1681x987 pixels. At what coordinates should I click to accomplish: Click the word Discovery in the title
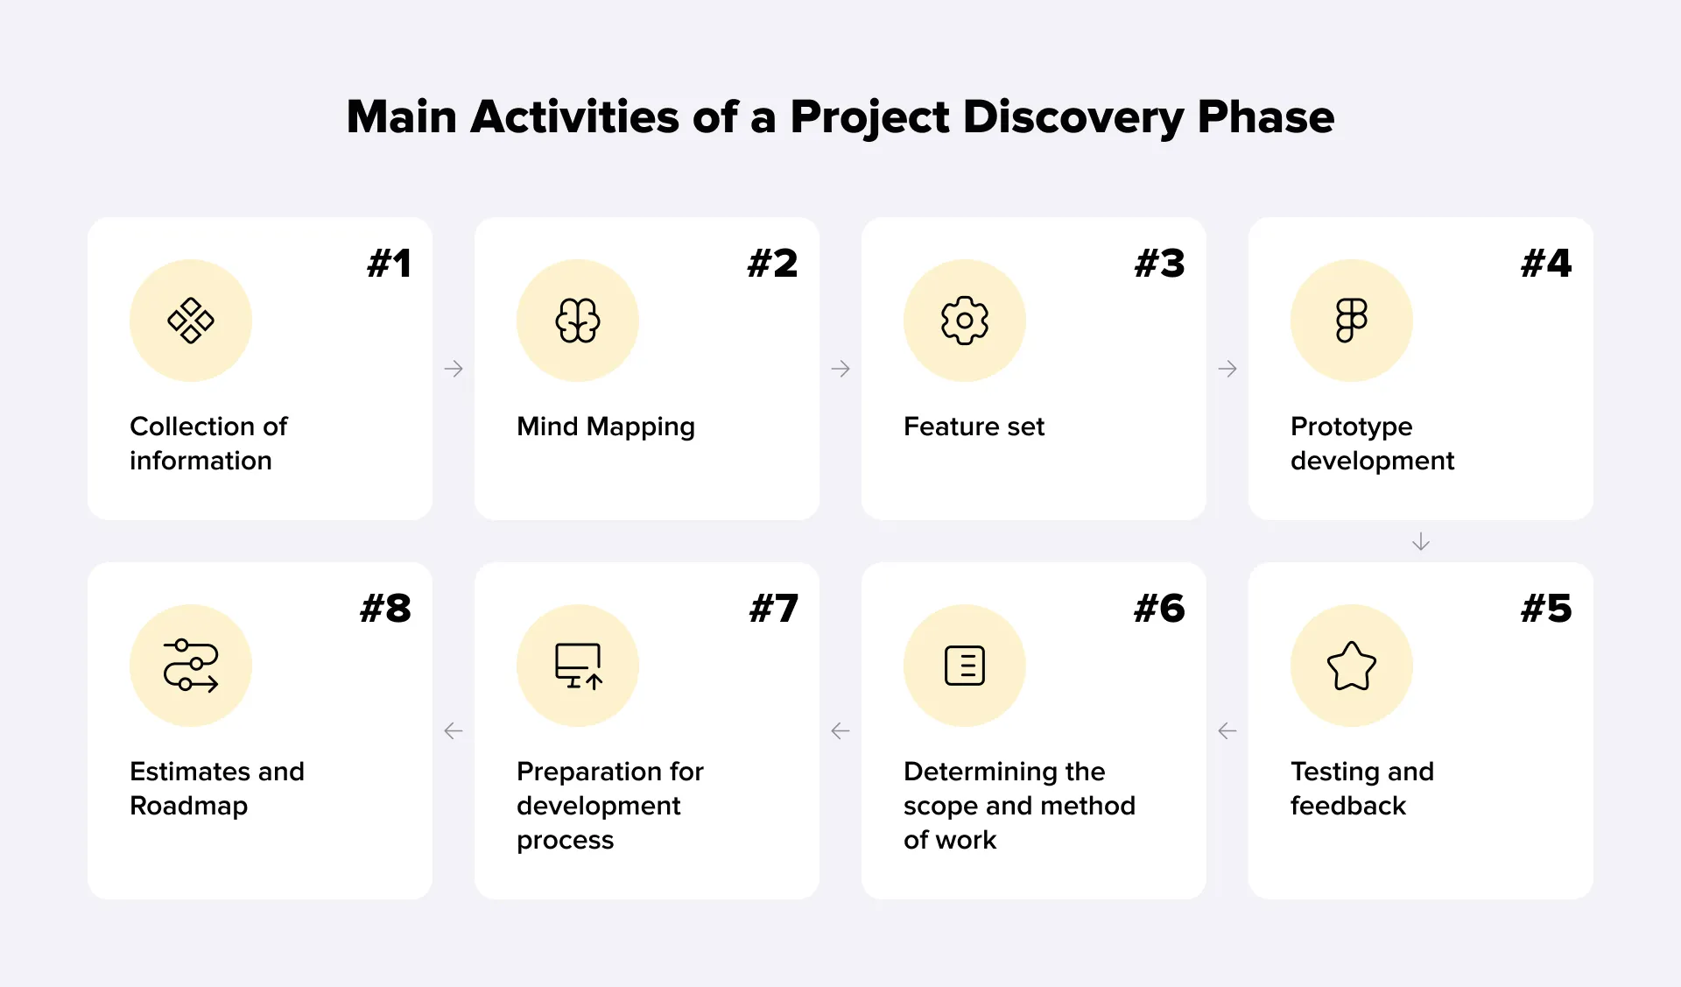tap(1073, 117)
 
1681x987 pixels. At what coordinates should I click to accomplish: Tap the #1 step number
tap(389, 264)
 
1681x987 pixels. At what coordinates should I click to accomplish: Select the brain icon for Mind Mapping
tap(578, 321)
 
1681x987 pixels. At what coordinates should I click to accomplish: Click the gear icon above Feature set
tap(965, 321)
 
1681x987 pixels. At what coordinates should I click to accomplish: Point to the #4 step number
tap(1546, 264)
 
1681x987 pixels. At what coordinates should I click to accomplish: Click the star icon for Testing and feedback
tap(1352, 666)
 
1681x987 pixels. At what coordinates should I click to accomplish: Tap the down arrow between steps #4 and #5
tap(1421, 542)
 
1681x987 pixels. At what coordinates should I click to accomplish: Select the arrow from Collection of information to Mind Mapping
tap(454, 369)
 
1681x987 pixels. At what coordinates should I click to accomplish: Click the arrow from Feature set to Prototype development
tap(1227, 369)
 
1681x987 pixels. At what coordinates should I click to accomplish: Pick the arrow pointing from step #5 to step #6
tap(1227, 730)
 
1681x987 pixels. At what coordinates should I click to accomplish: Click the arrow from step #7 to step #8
tap(454, 730)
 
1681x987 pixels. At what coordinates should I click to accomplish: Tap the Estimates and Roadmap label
tap(216, 788)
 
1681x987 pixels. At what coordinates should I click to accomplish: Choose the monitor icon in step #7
tap(578, 666)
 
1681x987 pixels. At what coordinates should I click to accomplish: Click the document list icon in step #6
tap(965, 666)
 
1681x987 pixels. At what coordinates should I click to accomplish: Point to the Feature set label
tap(974, 427)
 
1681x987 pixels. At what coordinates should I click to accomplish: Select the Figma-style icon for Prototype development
tap(1352, 321)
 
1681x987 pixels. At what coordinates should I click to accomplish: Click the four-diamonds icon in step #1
tap(191, 321)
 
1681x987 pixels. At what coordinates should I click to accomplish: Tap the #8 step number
tap(385, 609)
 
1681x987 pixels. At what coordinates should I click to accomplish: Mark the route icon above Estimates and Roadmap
tap(191, 666)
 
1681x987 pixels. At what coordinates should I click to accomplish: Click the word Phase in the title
tap(1266, 117)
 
